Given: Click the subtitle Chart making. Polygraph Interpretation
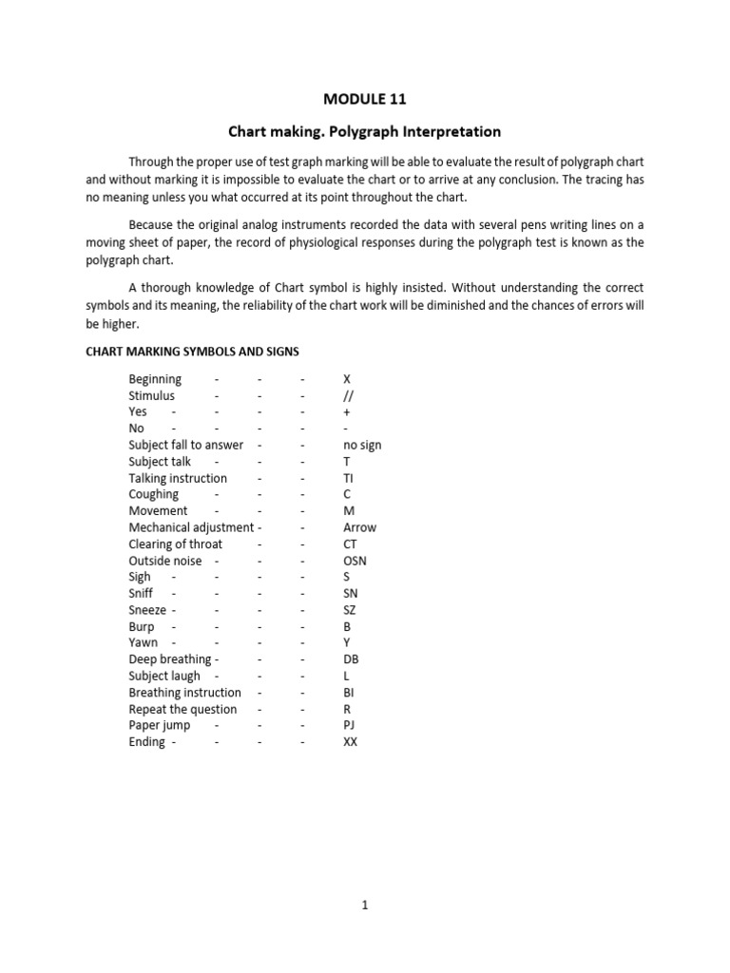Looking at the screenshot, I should coord(364,131).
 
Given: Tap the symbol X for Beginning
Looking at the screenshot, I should coord(347,379).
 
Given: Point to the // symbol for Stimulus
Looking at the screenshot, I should coord(349,395).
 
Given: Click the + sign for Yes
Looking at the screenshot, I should coord(347,412).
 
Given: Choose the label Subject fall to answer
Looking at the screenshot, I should coord(186,445).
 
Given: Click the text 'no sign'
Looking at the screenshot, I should coord(362,445).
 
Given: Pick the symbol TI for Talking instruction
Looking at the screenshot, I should coord(349,478).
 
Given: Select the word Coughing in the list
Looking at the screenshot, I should coord(154,494).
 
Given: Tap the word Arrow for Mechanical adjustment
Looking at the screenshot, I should coord(359,527).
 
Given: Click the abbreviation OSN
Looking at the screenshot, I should coord(355,561).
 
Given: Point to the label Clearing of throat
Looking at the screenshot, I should coord(176,544).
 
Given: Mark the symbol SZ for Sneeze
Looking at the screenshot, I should coord(350,610).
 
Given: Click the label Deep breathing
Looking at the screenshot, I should coord(170,659).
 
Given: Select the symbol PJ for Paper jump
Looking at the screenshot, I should coord(349,725).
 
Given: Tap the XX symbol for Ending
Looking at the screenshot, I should coord(351,742).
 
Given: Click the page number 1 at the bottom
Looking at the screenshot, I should coord(364,906).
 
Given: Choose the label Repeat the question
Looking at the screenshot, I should coord(183,709).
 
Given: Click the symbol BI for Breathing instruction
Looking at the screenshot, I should coord(349,693).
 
